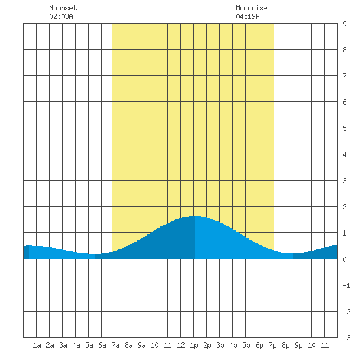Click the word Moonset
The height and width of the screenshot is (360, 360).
63,8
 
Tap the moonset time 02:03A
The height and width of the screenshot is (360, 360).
61,16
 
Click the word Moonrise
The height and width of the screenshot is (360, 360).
251,8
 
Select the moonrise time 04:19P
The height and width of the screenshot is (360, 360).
247,16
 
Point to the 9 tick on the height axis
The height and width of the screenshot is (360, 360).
344,24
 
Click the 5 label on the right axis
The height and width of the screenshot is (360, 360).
344,128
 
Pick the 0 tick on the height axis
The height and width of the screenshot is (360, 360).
344,259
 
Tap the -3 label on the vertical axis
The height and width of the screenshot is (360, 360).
346,338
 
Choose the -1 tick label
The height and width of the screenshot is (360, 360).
346,285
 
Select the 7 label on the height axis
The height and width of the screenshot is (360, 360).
344,76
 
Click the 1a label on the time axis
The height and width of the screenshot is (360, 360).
37,345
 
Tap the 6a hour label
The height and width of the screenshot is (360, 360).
102,345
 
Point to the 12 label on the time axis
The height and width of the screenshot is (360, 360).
181,345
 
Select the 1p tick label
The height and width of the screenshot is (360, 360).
194,345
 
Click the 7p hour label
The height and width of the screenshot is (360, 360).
272,345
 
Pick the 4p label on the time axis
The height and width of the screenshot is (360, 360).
233,345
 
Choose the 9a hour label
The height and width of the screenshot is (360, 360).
141,345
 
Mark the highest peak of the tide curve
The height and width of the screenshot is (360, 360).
194,216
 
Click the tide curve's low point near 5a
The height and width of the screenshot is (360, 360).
92,254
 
